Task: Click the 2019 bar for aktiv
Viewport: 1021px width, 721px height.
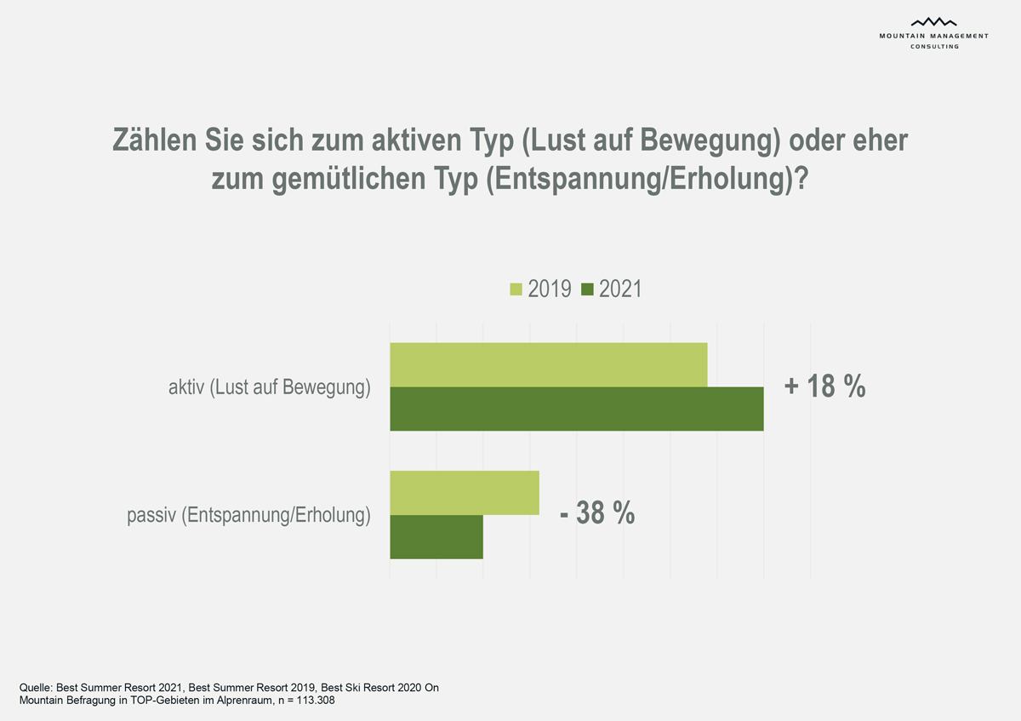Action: coord(548,364)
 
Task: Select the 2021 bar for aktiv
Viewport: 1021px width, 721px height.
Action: coord(576,409)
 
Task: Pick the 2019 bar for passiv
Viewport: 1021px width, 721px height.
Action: coord(464,493)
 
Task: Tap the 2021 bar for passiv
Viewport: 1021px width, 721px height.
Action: coord(436,537)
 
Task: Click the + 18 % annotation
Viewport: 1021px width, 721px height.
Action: coord(824,386)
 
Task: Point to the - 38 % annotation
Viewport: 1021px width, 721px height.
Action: coord(597,513)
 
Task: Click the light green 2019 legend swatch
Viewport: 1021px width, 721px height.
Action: coord(516,289)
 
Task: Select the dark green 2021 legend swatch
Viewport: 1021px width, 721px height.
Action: coord(587,289)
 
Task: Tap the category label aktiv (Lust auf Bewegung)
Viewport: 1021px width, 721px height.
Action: coord(270,388)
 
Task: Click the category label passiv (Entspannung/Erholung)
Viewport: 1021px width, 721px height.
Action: coord(248,515)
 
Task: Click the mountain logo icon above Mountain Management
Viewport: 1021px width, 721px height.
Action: coord(933,22)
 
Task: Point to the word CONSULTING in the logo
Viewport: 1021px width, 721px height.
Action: coord(934,46)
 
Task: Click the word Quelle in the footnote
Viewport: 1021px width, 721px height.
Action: coord(35,687)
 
